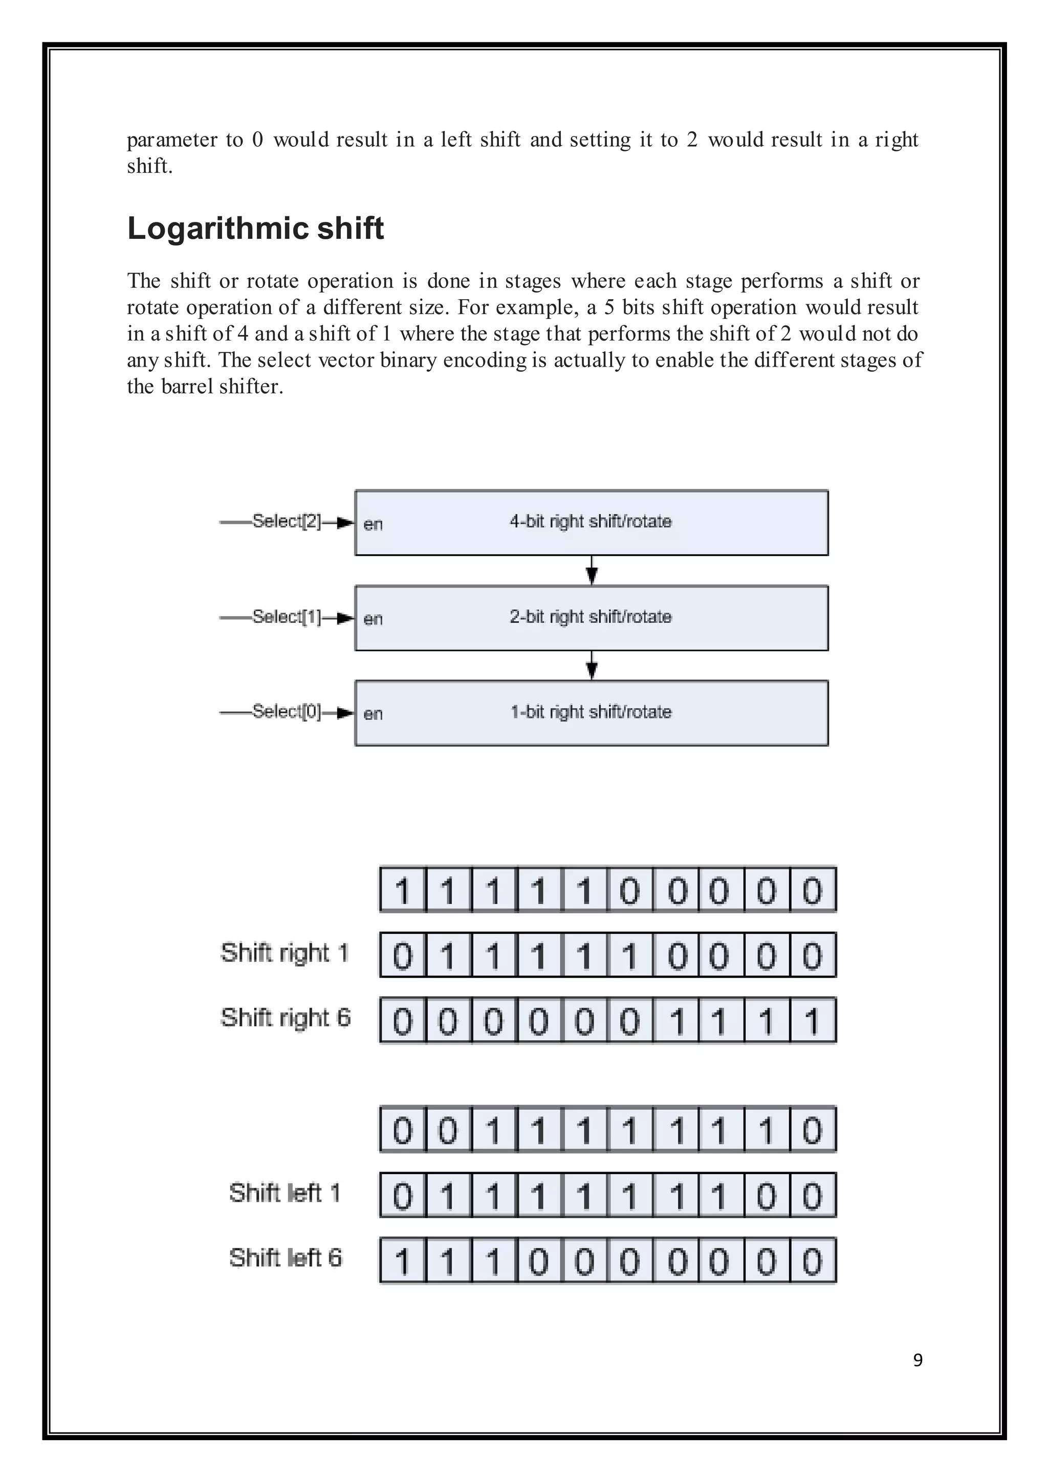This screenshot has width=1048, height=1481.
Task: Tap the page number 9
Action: click(x=918, y=1360)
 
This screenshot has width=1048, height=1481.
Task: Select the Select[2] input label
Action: click(x=286, y=521)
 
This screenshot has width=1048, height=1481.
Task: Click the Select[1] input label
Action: click(x=286, y=617)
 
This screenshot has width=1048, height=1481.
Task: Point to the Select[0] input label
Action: click(x=286, y=711)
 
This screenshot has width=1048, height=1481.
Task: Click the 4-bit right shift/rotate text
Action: click(x=591, y=521)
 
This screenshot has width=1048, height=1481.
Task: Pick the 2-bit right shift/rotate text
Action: click(x=591, y=617)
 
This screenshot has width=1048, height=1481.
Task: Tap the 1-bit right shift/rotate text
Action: click(x=591, y=712)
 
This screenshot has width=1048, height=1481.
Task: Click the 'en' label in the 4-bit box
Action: click(x=373, y=524)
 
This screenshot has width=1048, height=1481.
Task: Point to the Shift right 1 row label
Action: click(x=285, y=953)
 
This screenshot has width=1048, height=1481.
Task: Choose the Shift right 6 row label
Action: click(x=285, y=1018)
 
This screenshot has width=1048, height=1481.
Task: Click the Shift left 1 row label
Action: click(x=285, y=1193)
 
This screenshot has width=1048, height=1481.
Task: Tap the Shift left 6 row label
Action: click(x=285, y=1258)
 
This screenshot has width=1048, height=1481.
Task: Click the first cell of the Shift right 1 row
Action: click(x=403, y=955)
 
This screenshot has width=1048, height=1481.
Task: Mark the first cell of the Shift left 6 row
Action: click(x=403, y=1261)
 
